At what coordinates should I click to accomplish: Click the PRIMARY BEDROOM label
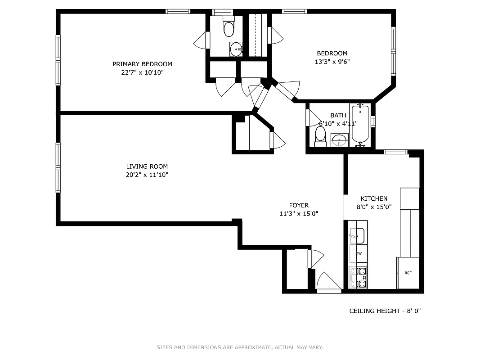(x=142, y=64)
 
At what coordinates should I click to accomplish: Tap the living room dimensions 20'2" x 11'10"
(x=147, y=175)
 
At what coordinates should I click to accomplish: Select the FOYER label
(x=299, y=206)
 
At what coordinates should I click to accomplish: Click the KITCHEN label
(x=374, y=198)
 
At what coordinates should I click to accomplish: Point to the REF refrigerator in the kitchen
(x=408, y=273)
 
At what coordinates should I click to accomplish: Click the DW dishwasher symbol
(x=359, y=253)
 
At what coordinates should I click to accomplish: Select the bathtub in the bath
(x=360, y=124)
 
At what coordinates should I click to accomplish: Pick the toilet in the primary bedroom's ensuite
(x=229, y=28)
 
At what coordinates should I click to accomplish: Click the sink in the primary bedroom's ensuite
(x=236, y=49)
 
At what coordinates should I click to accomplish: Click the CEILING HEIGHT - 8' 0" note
(x=385, y=311)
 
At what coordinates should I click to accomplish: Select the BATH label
(x=338, y=116)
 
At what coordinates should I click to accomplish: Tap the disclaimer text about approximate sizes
(x=240, y=347)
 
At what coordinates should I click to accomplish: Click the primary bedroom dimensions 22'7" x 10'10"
(x=142, y=72)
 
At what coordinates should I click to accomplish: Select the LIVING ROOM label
(x=147, y=166)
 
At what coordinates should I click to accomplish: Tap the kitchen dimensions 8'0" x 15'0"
(x=376, y=207)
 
